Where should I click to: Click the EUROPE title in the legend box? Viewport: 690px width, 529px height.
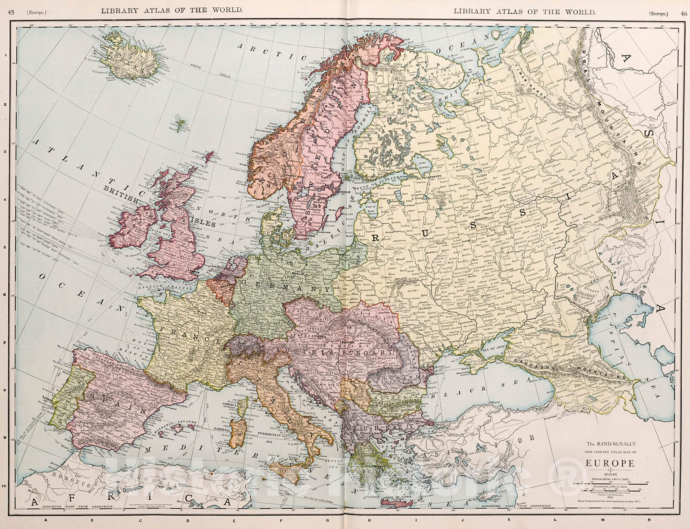coord(610,464)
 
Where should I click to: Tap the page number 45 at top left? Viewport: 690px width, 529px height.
coord(11,12)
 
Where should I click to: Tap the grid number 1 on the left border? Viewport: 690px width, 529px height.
coord(5,56)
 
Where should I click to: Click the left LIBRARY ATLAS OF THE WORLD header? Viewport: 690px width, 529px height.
coord(171,10)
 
